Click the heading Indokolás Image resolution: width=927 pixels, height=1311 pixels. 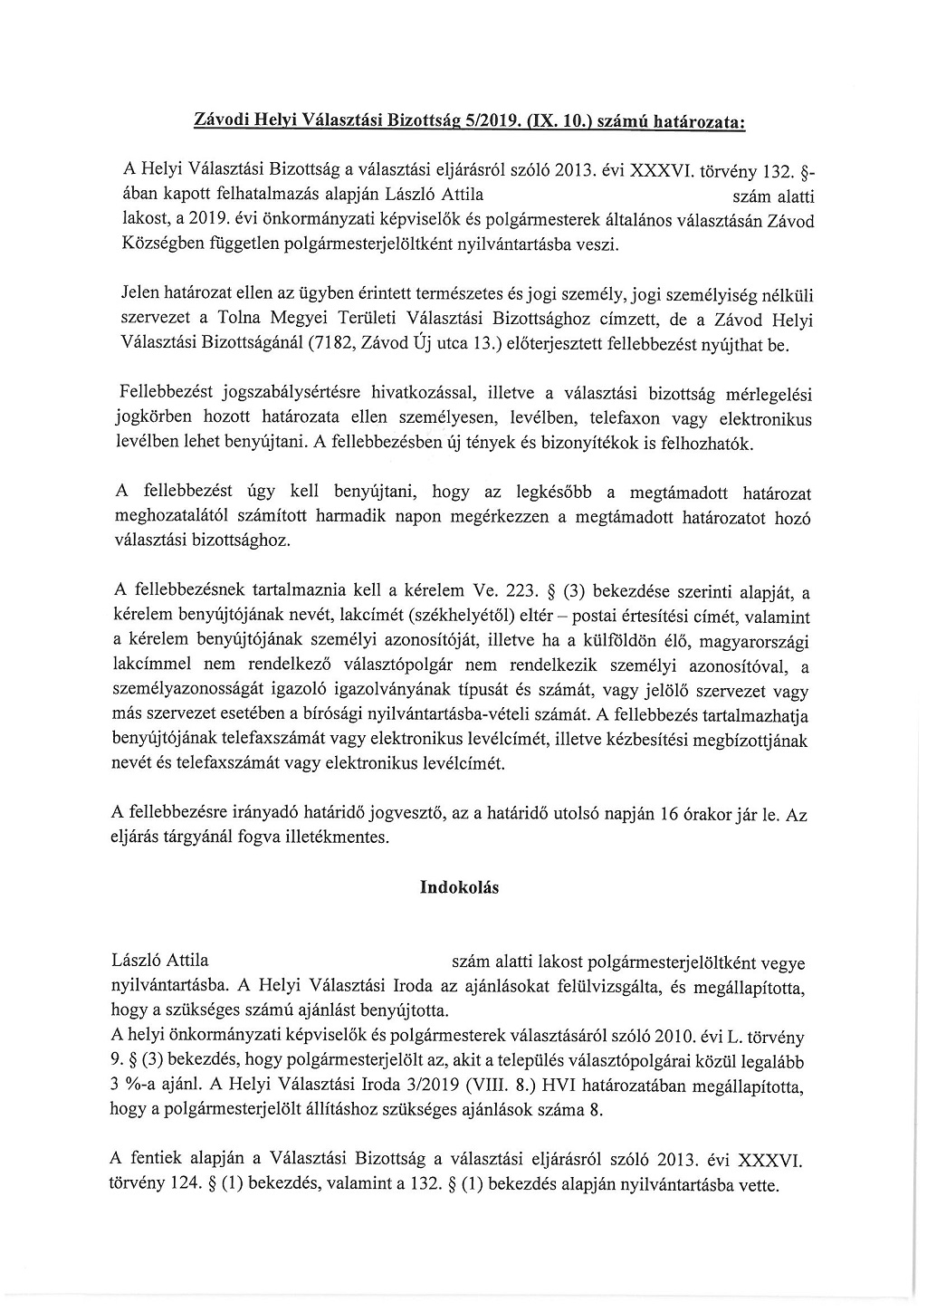point(459,887)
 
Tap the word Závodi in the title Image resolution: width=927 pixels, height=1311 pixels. point(221,119)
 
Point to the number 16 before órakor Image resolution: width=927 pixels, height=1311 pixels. point(670,814)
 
